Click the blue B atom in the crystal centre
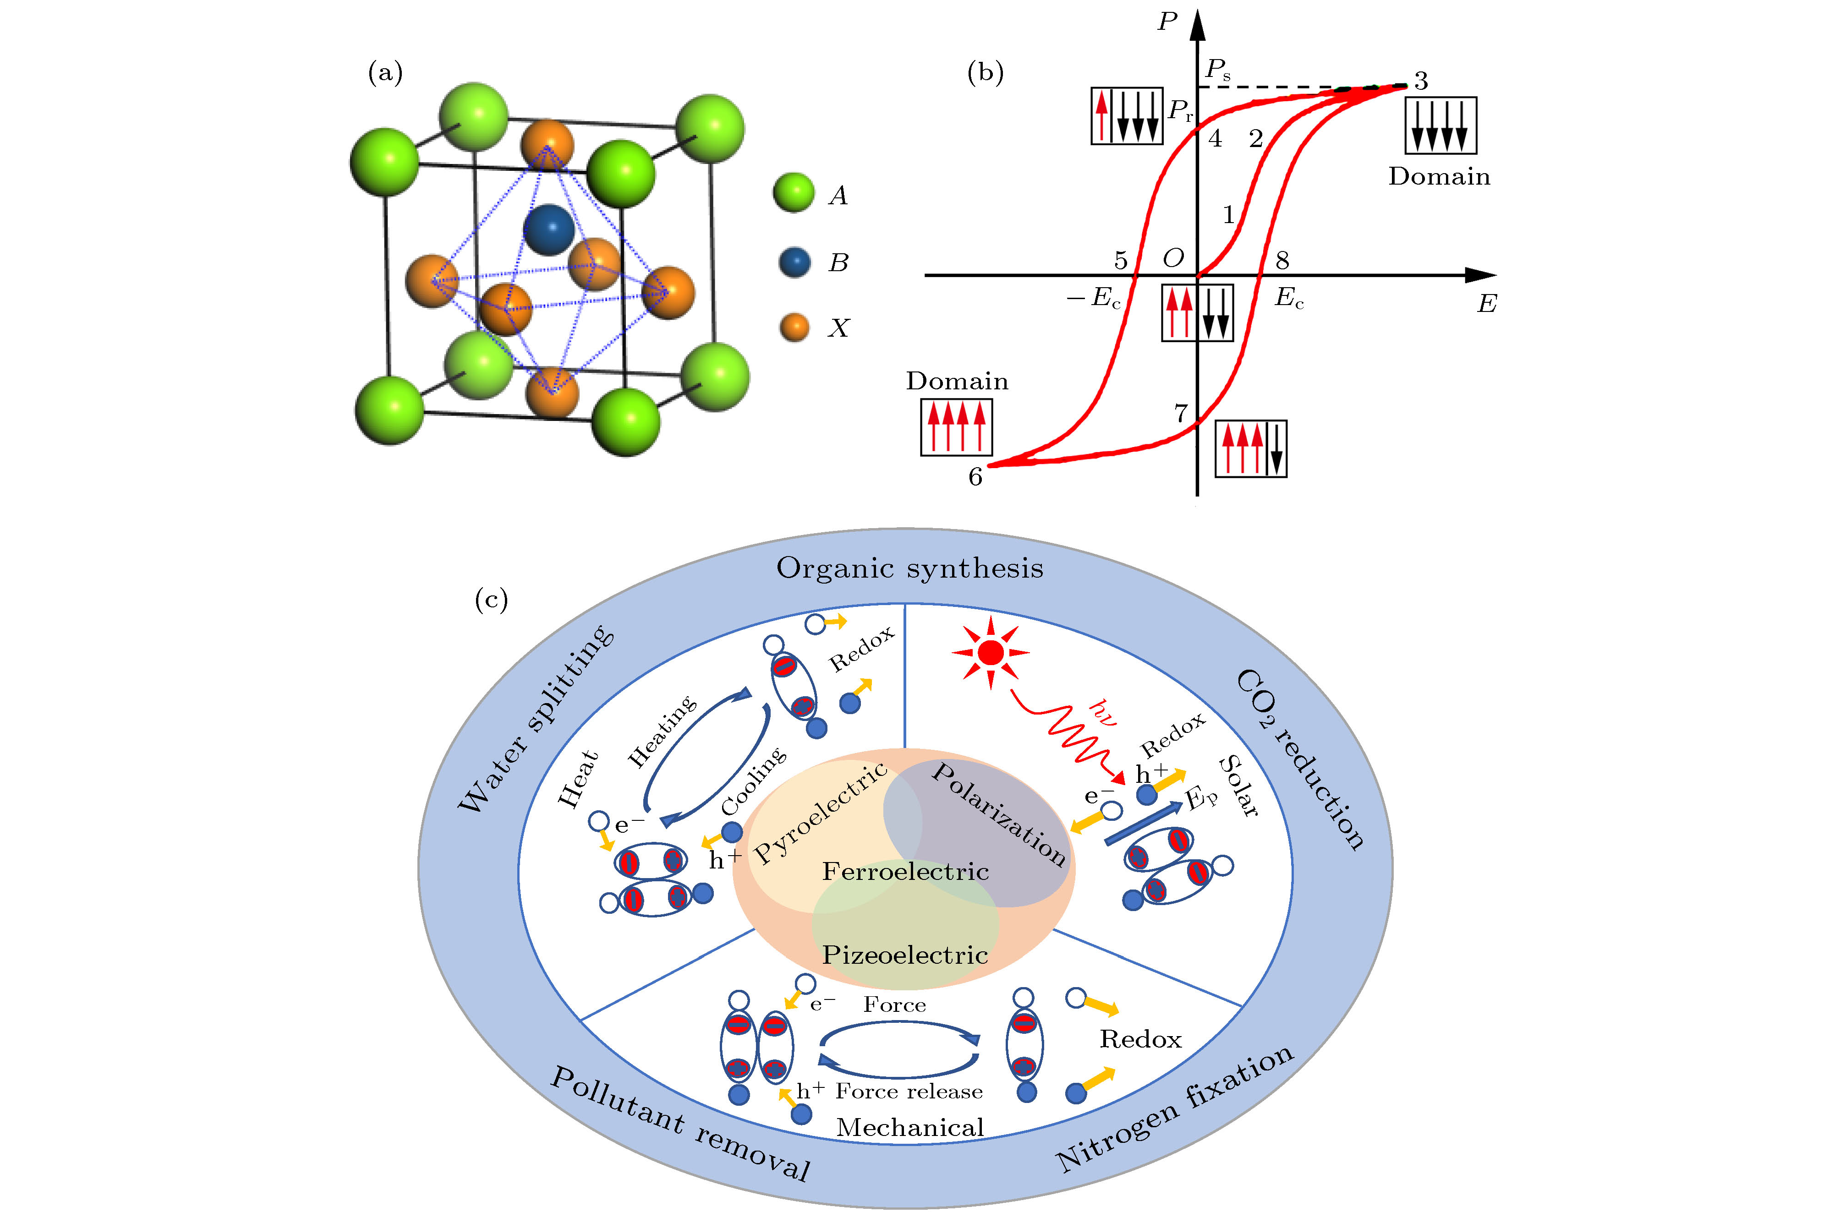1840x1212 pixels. point(549,229)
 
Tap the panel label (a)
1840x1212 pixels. point(385,73)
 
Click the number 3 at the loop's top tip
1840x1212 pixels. point(1421,81)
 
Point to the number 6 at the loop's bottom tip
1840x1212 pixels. point(975,477)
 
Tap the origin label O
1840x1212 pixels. point(1173,258)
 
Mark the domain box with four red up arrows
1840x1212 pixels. point(956,427)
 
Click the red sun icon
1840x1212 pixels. point(991,653)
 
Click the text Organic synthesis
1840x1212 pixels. point(910,568)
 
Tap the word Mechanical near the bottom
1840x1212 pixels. point(910,1128)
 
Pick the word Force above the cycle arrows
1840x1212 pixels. point(894,1005)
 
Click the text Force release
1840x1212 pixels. point(909,1092)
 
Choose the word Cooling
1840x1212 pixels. point(754,781)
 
